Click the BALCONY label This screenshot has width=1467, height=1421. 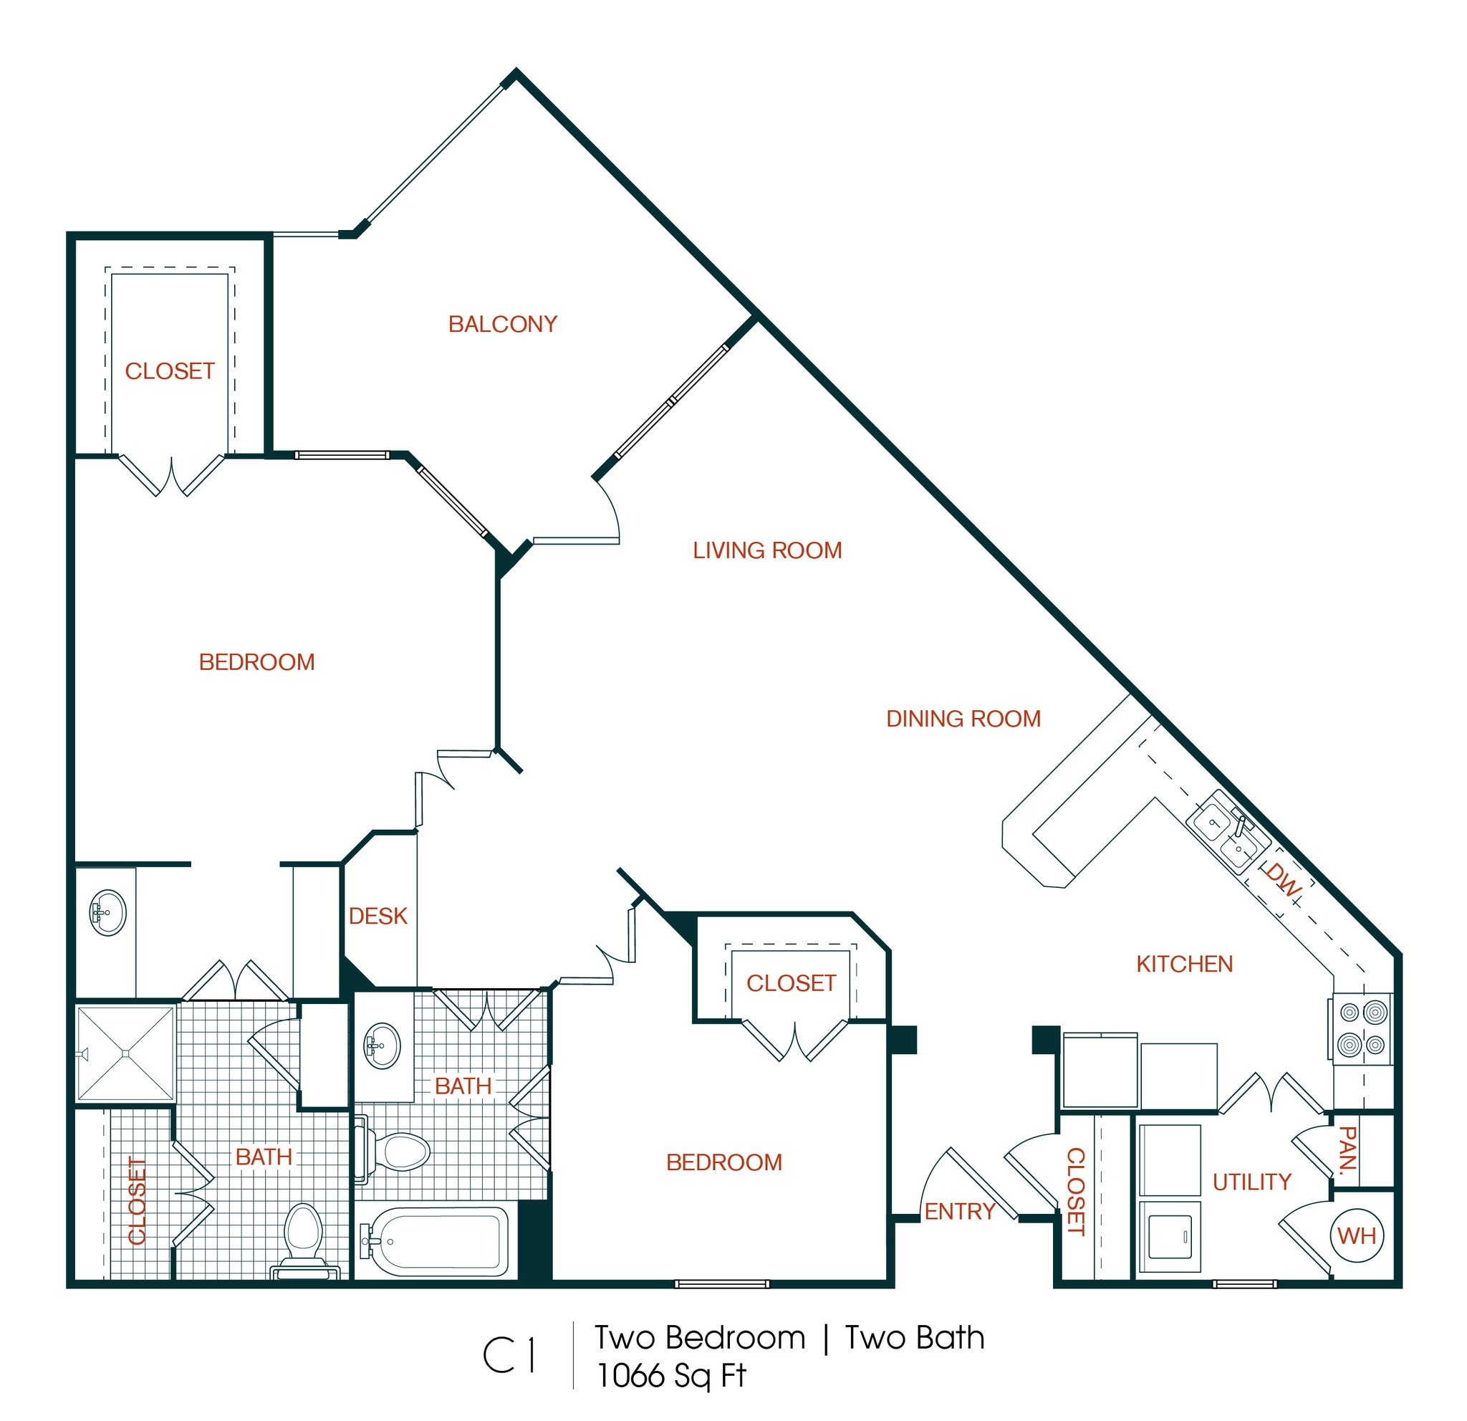[503, 325]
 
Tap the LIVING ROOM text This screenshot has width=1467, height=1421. [767, 551]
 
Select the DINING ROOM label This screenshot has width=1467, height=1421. [963, 719]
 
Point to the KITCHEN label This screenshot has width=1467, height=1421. [1184, 965]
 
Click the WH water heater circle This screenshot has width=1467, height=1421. [1356, 1236]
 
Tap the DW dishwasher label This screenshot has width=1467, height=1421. [1282, 881]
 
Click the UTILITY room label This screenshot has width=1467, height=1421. [1251, 1182]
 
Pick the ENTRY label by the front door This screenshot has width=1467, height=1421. [960, 1211]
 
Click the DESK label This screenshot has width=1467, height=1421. [378, 917]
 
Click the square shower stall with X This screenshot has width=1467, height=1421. [126, 1054]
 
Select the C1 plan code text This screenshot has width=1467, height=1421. [509, 1356]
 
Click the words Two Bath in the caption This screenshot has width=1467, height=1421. [914, 1338]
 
